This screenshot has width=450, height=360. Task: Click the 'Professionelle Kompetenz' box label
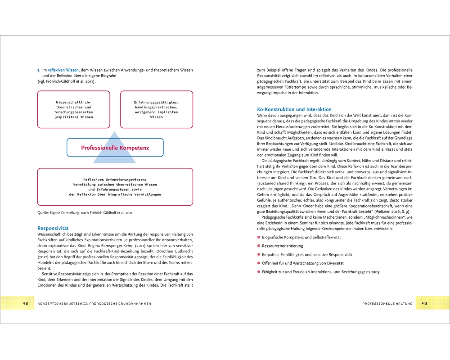(115, 148)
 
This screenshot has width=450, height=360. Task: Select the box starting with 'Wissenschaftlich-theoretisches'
(73, 109)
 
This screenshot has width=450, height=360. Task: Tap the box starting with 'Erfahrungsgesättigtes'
(156, 109)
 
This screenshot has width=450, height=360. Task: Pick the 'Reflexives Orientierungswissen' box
(115, 187)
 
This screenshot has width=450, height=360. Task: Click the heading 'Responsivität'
(53, 228)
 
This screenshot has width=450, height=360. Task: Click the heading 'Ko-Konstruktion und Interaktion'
(294, 109)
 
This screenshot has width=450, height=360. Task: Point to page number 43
(424, 303)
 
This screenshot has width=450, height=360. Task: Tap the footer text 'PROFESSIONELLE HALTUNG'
(387, 304)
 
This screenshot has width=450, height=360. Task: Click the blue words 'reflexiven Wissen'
(63, 70)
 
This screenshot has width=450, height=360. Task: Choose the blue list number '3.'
(39, 70)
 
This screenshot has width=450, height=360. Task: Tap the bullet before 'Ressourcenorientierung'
(259, 246)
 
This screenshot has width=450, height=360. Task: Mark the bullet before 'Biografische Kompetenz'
(259, 237)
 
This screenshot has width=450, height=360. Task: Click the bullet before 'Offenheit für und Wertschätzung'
(259, 263)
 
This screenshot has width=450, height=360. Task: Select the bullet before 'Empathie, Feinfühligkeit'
(259, 254)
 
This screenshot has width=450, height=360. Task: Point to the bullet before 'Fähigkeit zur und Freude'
(259, 272)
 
